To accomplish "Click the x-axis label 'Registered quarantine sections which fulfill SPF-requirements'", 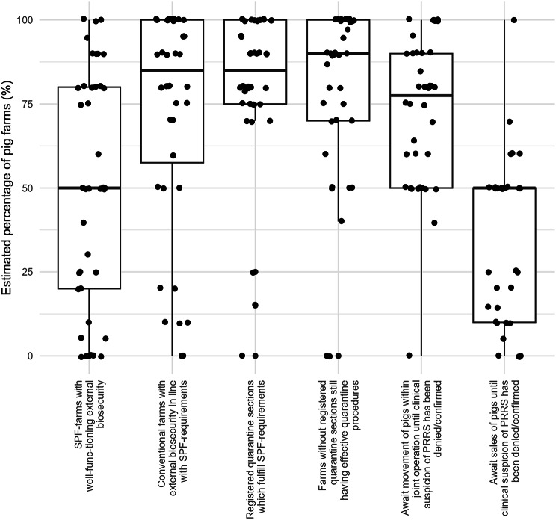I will click(255, 441).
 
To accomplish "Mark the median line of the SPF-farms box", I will click(89, 188).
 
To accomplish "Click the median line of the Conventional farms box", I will click(172, 70).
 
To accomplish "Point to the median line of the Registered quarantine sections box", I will click(255, 70).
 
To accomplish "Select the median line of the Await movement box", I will click(421, 96).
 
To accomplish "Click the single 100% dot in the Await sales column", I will click(513, 20).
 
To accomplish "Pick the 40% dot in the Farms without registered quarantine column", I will click(341, 221).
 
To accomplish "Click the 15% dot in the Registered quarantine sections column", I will click(255, 305).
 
